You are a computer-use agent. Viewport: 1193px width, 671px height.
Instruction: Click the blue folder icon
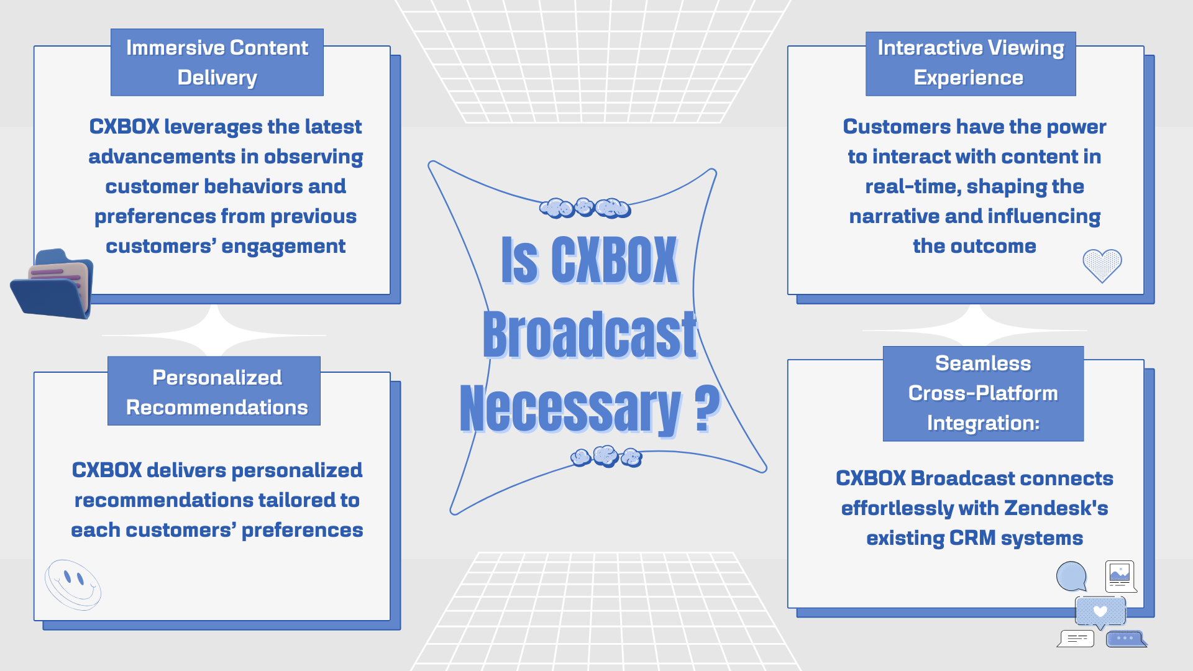52,284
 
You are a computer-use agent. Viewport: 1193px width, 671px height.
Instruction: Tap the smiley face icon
73,585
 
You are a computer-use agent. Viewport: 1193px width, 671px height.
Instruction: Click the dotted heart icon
1102,265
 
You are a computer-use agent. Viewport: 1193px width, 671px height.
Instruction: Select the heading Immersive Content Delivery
217,62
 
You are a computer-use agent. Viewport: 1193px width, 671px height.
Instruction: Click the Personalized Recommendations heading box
214,391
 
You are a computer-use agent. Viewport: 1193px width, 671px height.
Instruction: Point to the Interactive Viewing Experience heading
971,63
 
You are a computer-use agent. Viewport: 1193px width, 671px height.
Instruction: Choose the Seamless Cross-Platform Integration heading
983,393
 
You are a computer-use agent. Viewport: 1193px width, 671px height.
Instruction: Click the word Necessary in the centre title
570,409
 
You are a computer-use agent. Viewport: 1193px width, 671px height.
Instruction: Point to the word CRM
972,538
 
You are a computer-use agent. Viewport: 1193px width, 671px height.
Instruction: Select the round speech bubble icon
1072,577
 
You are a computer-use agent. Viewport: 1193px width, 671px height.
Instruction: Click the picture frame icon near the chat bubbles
1121,577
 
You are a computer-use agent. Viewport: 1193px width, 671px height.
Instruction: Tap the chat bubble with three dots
1126,639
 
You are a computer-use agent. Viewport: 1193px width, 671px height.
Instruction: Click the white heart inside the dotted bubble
1100,611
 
